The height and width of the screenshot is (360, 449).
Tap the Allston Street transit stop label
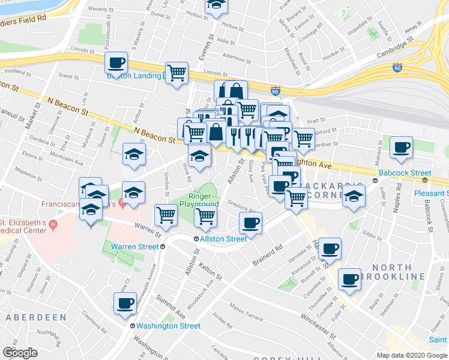click(223, 239)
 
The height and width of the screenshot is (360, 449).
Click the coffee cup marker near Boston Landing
click(116, 62)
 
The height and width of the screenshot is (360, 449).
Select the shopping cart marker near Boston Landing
click(177, 73)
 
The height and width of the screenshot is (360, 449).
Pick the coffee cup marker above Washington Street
click(126, 302)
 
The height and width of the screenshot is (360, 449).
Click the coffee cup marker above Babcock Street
click(401, 146)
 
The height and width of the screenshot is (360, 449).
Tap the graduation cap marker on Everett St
click(216, 6)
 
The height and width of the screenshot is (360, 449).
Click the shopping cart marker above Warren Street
click(166, 214)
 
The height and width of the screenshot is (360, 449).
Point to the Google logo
click(20, 352)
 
